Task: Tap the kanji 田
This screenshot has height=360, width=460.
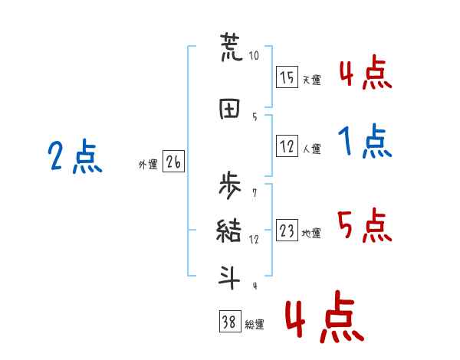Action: pos(230,108)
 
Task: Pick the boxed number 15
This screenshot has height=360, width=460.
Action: pos(287,77)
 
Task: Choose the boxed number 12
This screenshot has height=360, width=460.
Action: pos(287,146)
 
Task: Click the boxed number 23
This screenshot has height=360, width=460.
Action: pos(287,231)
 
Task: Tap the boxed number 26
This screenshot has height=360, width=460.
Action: pos(173,162)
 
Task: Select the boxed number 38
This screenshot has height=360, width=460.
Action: pos(229,322)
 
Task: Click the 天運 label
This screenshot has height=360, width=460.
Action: pos(311,80)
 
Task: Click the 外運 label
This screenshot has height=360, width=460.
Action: pos(148,165)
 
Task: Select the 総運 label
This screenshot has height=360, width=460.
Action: pos(255,325)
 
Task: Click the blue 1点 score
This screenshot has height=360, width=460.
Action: pos(363,141)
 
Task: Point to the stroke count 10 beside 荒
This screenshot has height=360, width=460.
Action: pos(254,55)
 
